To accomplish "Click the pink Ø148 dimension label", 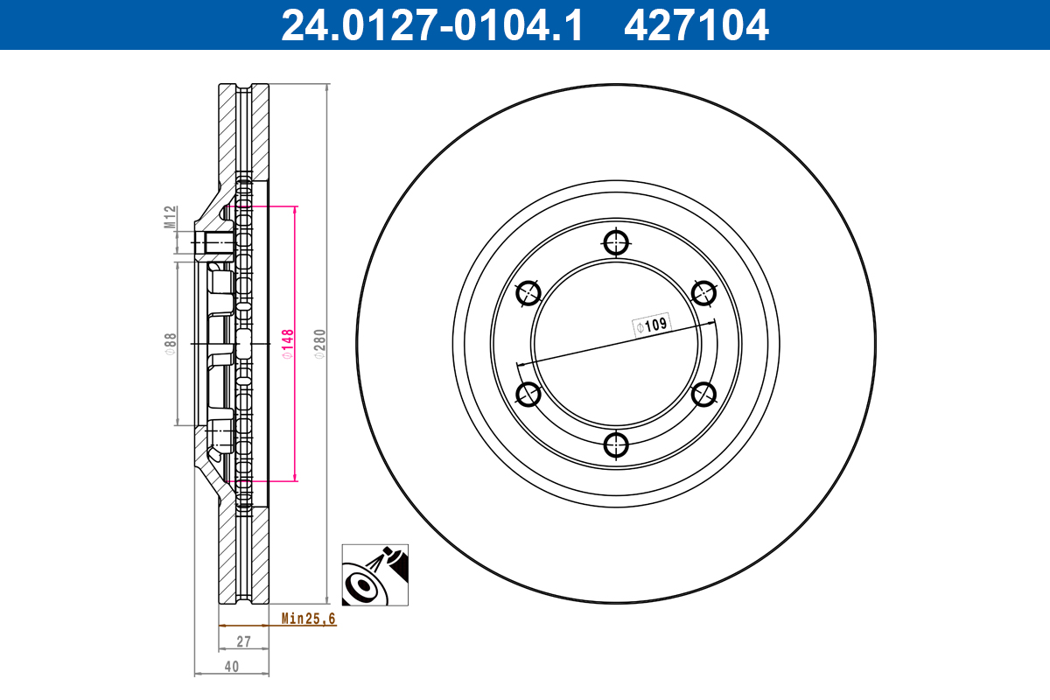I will click(x=287, y=343).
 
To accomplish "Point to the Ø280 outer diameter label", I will click(x=319, y=343).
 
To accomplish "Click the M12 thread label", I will click(x=171, y=217).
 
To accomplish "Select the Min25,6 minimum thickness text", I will click(x=308, y=619).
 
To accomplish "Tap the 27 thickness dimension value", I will click(x=243, y=641).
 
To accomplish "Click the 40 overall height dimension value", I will click(x=231, y=666).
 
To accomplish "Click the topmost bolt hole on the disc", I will click(x=617, y=241).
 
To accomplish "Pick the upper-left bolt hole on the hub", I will click(x=528, y=293).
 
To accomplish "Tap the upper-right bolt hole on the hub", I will click(x=704, y=293).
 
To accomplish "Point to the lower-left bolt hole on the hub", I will click(x=528, y=394).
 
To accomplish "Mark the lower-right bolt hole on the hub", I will click(x=704, y=394).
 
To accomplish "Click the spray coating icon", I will click(x=374, y=575).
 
